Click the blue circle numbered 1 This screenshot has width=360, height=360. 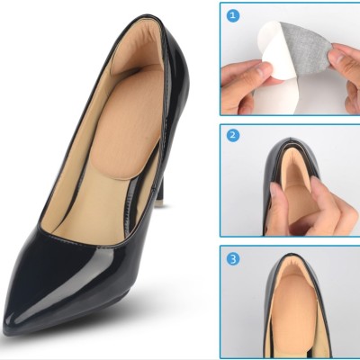tap(233, 15)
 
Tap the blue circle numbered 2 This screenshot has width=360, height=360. tap(233, 135)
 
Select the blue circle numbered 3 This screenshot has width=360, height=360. tap(233, 258)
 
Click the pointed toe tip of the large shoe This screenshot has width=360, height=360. tap(5, 327)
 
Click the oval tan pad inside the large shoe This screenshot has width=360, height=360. tap(130, 129)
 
